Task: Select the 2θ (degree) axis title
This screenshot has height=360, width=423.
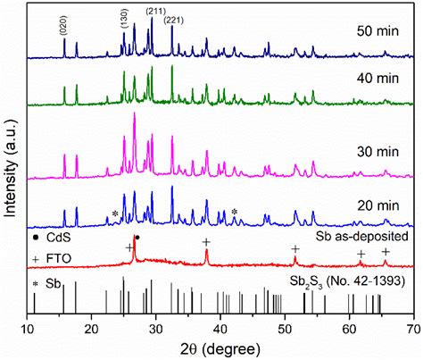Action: coord(221,349)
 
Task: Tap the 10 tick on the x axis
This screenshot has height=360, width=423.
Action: coord(29,329)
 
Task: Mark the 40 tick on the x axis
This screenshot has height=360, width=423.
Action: coord(221,329)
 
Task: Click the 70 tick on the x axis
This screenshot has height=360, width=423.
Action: coord(413,329)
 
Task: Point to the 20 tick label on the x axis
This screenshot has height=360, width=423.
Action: coord(93,329)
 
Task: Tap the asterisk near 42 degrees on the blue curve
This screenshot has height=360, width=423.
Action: coord(235,212)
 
